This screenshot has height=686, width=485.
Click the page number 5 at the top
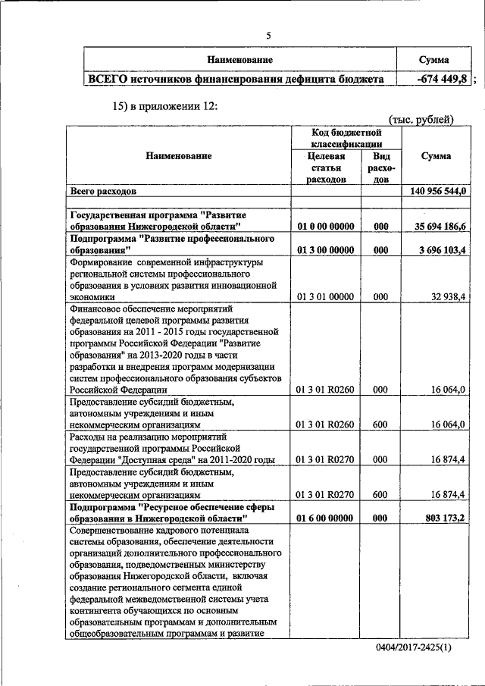click(268, 34)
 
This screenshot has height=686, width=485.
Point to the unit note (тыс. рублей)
click(421, 119)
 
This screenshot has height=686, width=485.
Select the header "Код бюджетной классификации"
click(346, 138)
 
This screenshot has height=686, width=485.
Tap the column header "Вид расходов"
click(381, 167)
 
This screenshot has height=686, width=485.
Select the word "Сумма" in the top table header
click(433, 59)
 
